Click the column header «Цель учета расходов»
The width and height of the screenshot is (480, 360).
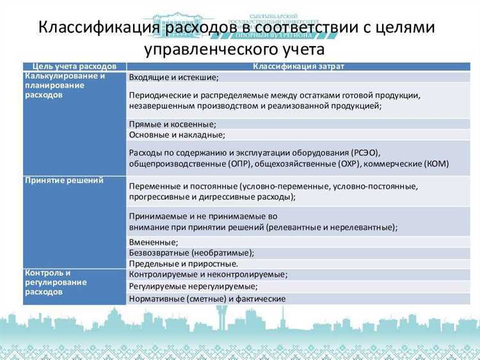point(71,66)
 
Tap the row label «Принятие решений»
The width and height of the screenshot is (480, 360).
point(64,181)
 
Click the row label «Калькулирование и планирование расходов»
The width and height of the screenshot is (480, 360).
point(65,85)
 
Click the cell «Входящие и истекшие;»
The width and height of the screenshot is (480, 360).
point(174,78)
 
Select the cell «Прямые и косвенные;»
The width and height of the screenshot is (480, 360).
point(172,124)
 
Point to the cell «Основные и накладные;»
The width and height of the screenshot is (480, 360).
point(177,135)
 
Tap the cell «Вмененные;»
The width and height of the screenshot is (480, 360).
point(154,242)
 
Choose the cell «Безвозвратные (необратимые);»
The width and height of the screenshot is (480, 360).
point(192,253)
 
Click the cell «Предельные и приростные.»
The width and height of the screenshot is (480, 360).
point(184,264)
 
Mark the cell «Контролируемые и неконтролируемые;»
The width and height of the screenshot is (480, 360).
point(208,275)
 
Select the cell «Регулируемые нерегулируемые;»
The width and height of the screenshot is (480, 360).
point(193,286)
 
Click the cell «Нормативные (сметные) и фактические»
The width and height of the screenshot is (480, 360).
point(207,299)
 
